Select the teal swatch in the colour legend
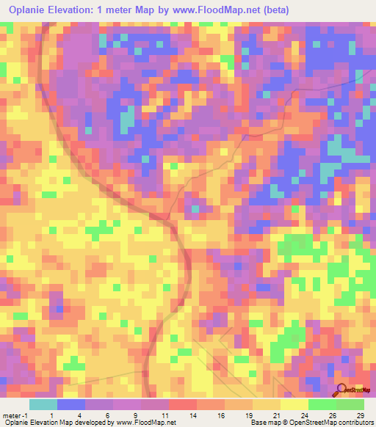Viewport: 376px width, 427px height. click(43, 404)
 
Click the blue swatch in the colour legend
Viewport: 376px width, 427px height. click(71, 404)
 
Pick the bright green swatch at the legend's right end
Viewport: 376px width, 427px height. click(350, 404)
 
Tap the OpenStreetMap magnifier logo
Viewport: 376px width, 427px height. click(342, 390)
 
